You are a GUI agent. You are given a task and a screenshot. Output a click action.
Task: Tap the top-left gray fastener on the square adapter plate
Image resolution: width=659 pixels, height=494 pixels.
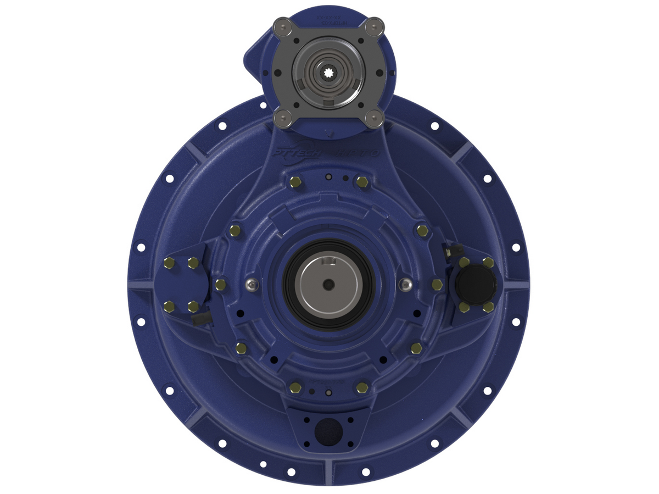[283, 25]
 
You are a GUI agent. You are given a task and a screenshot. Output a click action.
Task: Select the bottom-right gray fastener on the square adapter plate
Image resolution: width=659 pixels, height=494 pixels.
[374, 116]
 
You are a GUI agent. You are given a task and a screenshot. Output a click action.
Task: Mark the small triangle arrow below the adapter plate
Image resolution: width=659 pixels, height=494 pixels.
[328, 131]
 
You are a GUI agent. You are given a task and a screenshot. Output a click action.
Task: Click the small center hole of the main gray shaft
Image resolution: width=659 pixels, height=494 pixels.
[328, 284]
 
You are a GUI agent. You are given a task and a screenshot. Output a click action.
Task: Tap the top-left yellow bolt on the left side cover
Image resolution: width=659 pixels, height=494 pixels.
[169, 264]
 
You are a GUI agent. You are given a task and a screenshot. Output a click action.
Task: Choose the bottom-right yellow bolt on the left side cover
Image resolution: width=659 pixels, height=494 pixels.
[193, 306]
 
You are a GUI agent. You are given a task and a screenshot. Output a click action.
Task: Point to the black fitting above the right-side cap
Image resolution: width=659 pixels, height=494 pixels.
[447, 250]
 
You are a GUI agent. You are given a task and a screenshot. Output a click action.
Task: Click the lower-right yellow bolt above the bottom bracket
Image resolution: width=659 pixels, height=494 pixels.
[361, 387]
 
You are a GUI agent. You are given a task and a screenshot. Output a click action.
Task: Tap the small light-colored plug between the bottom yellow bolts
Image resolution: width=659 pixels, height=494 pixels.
[328, 392]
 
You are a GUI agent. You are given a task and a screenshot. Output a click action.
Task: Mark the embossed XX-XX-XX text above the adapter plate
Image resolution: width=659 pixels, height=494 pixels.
[328, 19]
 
